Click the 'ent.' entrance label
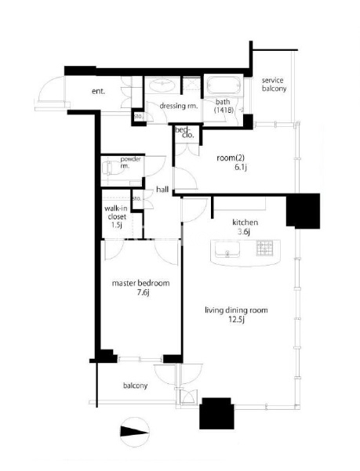pos(98,92)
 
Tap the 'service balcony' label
pos(274,85)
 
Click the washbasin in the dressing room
pos(162,85)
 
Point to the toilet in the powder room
pos(110,168)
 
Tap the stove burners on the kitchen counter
pos(264,248)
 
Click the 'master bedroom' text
pos(140,283)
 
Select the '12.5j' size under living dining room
pos(236,320)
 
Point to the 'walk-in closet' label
pos(116,212)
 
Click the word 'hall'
pos(162,190)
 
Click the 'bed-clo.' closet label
pos(184,132)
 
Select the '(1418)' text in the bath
pos(224,110)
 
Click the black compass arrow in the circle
pos(135,432)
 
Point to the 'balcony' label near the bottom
pos(135,386)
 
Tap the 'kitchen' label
pos(245,223)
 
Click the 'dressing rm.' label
pos(179,106)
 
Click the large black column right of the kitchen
pos(303,210)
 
